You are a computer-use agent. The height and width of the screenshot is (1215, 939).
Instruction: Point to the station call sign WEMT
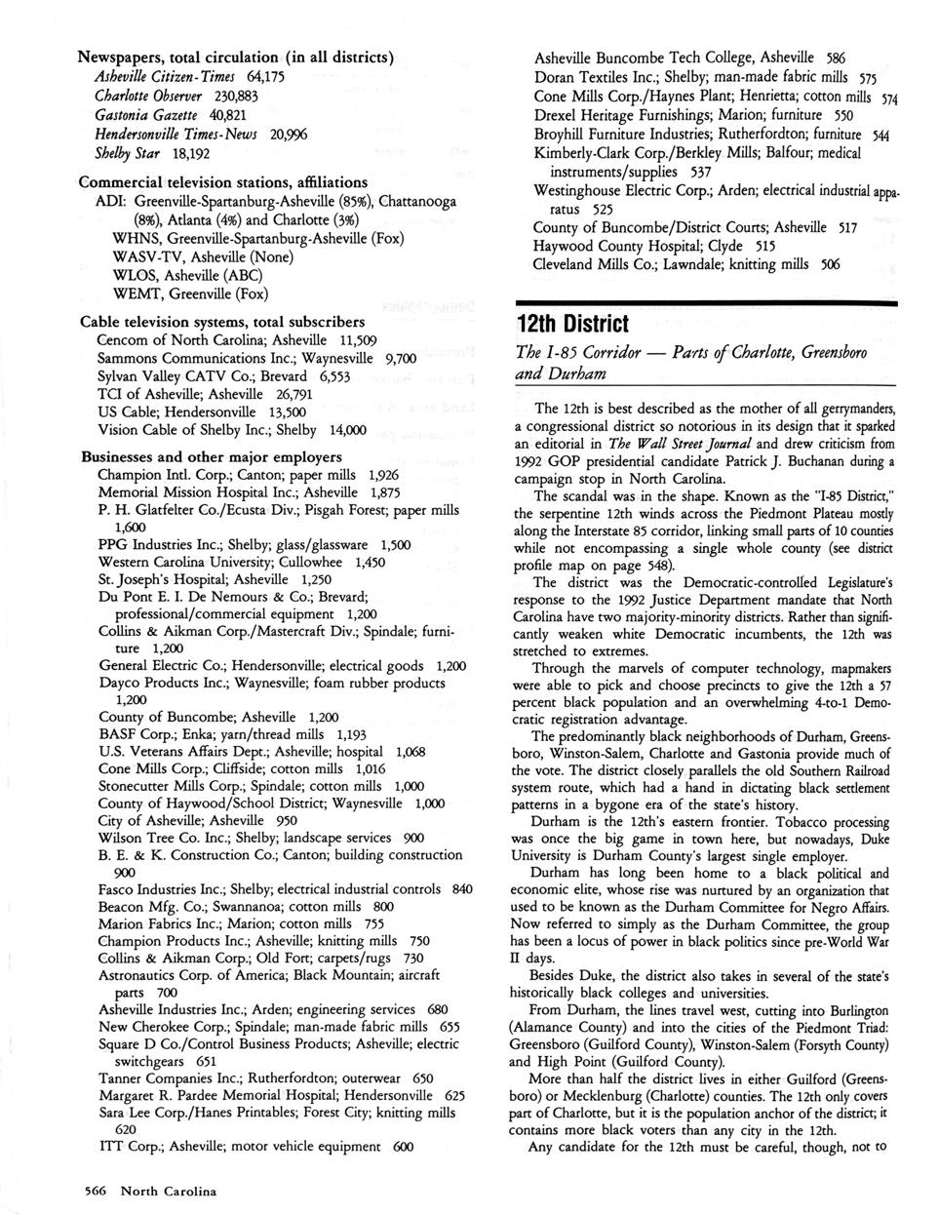[x=136, y=294]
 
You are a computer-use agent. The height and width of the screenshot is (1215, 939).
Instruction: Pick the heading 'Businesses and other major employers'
[x=211, y=456]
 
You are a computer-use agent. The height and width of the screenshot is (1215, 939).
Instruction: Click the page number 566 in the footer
[x=98, y=1191]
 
